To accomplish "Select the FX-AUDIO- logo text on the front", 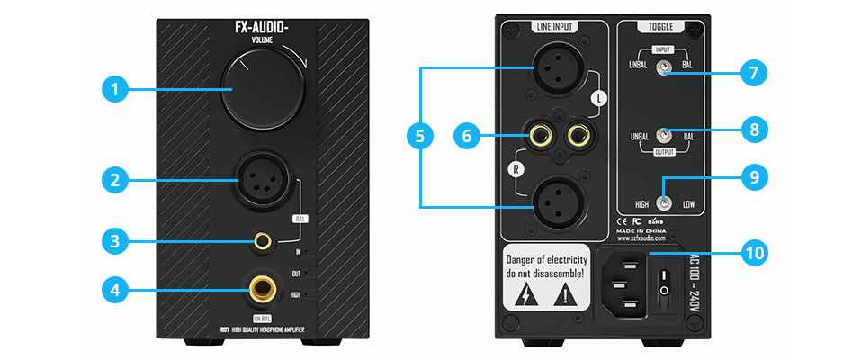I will [x=261, y=27].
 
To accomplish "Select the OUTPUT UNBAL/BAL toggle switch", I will [x=663, y=136].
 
